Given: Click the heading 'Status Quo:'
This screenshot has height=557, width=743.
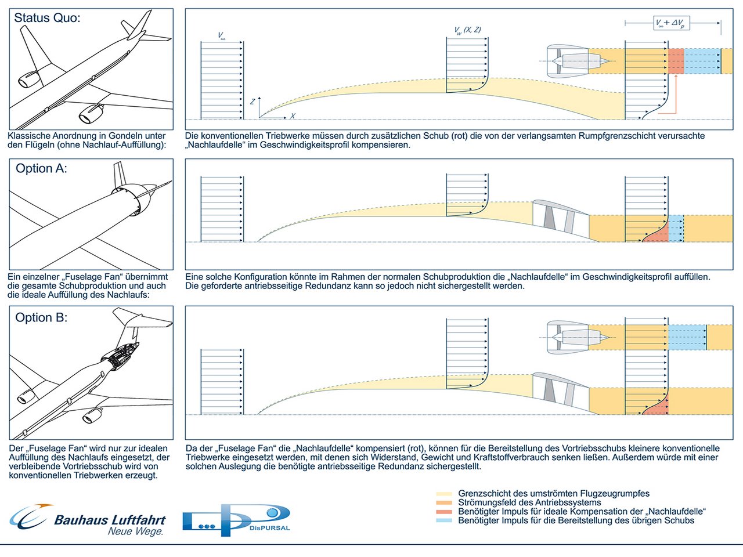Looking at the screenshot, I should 47,18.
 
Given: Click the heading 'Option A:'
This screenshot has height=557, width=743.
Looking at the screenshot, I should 41,169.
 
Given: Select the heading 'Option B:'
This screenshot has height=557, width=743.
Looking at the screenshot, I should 41,318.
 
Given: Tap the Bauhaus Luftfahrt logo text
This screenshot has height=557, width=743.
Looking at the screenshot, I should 110,520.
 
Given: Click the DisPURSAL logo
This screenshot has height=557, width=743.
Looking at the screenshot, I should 236,519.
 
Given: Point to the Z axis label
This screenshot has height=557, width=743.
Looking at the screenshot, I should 253,101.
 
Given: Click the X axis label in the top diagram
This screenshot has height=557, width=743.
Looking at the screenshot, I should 293,116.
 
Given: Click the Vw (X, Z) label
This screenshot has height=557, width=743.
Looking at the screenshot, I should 467,30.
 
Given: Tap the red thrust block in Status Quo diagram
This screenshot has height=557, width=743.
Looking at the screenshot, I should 676,61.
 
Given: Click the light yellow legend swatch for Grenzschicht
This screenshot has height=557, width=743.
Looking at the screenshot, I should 443,494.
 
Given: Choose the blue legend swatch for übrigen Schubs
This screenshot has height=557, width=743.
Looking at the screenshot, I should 443,520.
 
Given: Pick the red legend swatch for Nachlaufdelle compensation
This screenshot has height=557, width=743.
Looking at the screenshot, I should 443,512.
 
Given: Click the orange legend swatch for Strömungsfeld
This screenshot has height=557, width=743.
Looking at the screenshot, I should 443,502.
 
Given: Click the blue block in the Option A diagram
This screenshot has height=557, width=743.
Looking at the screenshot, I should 676,228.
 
